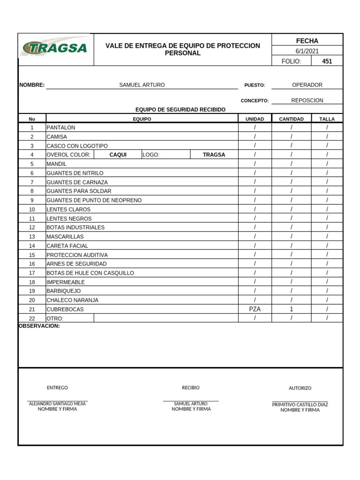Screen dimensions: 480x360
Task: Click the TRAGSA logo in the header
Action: [x=55, y=48]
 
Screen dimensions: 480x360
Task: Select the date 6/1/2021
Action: [x=307, y=51]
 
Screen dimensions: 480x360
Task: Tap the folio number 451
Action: [x=327, y=61]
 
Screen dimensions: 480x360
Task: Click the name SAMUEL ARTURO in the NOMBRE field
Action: [x=142, y=85]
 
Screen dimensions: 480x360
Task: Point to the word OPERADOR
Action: [x=307, y=85]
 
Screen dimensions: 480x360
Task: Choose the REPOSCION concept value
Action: [x=307, y=100]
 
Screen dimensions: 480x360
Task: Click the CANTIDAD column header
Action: [x=291, y=119]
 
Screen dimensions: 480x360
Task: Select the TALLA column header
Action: [x=327, y=119]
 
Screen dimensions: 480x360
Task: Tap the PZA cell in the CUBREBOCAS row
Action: [x=255, y=309]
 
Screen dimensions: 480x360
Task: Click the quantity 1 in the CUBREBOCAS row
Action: [x=291, y=309]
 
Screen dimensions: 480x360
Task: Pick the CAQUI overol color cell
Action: [x=118, y=155]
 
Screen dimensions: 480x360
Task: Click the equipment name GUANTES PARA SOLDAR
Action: [x=79, y=191]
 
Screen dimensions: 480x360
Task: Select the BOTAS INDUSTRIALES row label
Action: [x=75, y=227]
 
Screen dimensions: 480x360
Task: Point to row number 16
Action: [x=32, y=264]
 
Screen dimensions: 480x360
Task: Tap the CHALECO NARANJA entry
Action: [x=72, y=300]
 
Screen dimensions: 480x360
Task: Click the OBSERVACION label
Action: [x=39, y=326]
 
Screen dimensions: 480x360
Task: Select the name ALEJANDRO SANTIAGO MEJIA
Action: [x=58, y=403]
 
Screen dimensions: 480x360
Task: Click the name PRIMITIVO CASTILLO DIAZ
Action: [x=300, y=404]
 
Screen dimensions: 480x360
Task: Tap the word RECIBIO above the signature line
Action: [x=191, y=388]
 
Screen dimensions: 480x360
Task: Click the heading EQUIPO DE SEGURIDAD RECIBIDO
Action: [x=180, y=110]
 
